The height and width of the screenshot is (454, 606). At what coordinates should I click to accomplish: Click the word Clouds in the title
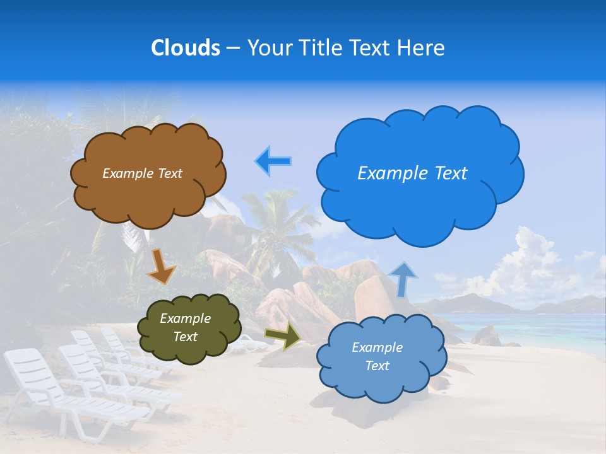[x=186, y=48]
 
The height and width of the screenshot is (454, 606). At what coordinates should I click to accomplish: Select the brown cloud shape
[x=148, y=189]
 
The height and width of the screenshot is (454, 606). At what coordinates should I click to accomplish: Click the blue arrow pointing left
[x=273, y=161]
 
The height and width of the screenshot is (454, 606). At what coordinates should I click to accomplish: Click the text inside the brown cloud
[x=142, y=173]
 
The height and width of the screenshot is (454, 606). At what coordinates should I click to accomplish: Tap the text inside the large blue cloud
[x=412, y=173]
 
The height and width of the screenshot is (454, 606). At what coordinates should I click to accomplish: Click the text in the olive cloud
[x=185, y=328]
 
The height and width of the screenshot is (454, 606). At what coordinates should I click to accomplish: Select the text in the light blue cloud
[x=377, y=356]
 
